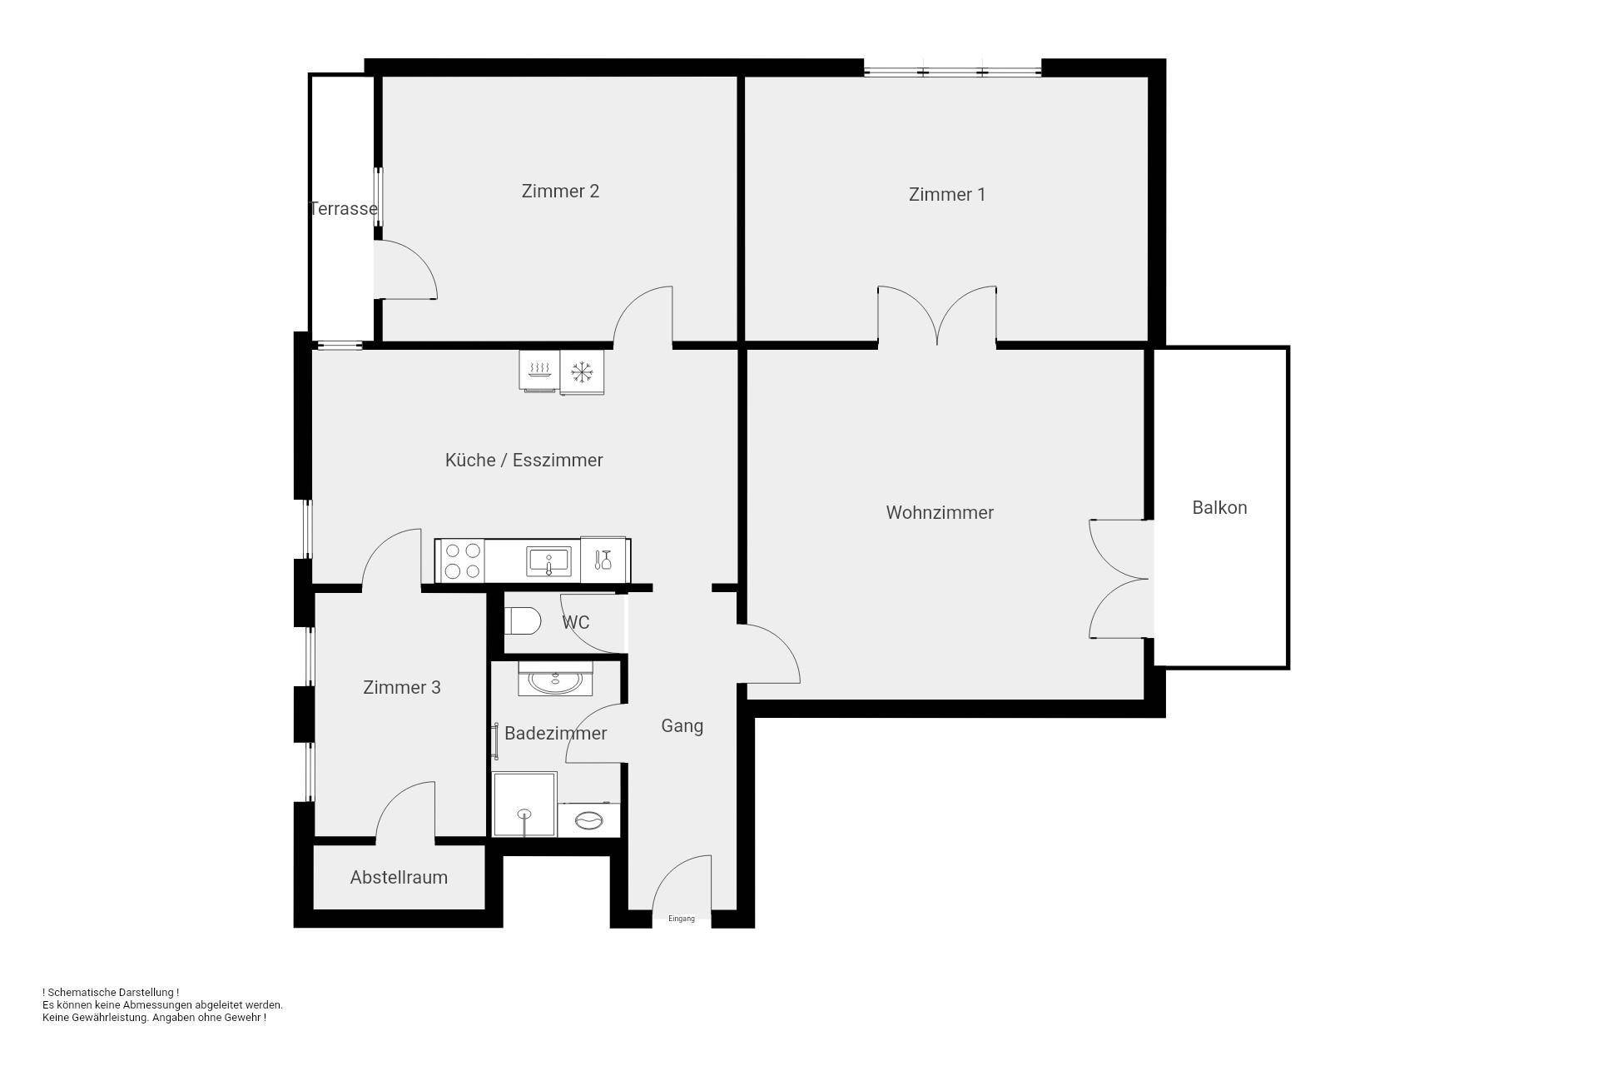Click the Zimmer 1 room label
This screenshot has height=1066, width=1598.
tap(946, 195)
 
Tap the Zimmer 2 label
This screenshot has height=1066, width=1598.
tap(560, 192)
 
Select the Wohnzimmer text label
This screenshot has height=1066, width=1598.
tap(939, 513)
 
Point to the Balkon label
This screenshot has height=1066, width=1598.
tap(1219, 508)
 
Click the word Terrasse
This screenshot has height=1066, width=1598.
tap(344, 209)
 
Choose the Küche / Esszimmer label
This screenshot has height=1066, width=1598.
tap(524, 461)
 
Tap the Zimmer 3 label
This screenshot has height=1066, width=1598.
tap(401, 688)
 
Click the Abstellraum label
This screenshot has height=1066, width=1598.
tap(399, 878)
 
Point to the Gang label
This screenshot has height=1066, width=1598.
tap(682, 726)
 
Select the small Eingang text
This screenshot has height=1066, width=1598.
tap(681, 919)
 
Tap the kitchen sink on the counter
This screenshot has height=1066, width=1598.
tap(548, 560)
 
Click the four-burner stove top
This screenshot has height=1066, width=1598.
tap(463, 560)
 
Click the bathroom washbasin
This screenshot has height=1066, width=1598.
tap(555, 681)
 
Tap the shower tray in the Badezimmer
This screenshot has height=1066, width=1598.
tap(524, 804)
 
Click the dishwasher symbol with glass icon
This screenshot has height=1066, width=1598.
tap(603, 560)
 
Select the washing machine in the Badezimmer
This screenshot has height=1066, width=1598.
tap(589, 820)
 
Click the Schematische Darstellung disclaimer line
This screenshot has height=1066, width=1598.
tap(111, 993)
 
